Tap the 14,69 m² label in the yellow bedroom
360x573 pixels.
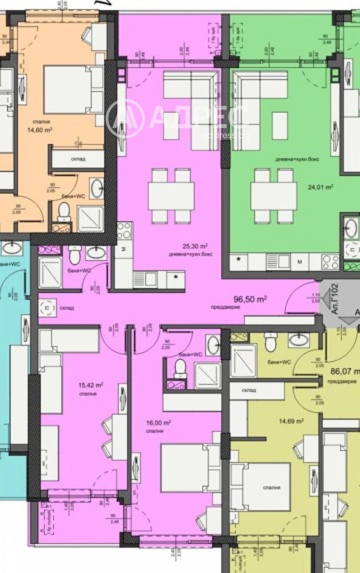pyautogui.click(x=291, y=421)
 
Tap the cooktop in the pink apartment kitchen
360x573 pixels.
pyautogui.click(x=124, y=231)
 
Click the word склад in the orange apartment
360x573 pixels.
pyautogui.click(x=81, y=158)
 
